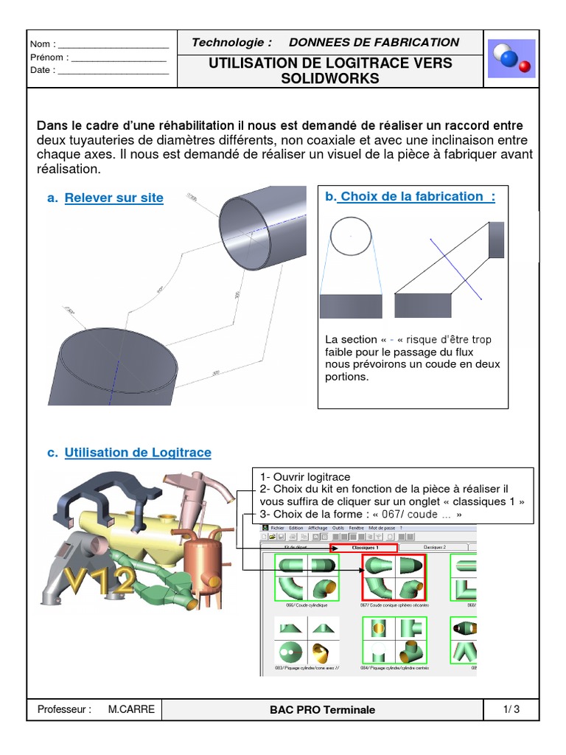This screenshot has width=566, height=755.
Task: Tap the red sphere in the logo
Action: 525,67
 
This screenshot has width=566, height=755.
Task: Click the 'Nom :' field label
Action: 43,44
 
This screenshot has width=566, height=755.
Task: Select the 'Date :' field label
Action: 43,71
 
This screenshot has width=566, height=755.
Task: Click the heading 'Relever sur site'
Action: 113,198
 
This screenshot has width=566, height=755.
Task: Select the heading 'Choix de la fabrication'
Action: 416,196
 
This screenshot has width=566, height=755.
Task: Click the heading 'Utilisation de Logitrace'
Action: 138,453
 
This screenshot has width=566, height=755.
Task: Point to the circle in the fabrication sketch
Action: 352,237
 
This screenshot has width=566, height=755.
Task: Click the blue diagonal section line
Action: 454,273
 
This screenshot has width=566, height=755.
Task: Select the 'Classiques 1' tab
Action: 366,548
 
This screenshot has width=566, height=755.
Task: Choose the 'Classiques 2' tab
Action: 435,548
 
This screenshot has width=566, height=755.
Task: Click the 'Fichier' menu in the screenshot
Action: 277,529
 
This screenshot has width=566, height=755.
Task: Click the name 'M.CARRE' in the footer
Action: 131,710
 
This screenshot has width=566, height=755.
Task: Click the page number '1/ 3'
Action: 511,710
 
